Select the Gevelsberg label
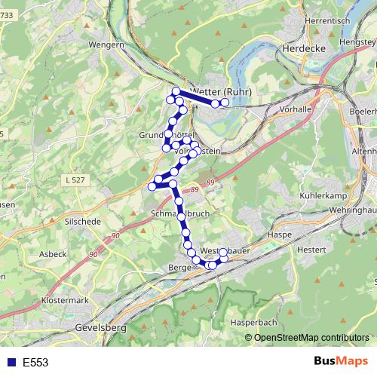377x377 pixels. point(101,329)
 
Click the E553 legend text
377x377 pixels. point(35,362)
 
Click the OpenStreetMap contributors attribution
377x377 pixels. point(311,337)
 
